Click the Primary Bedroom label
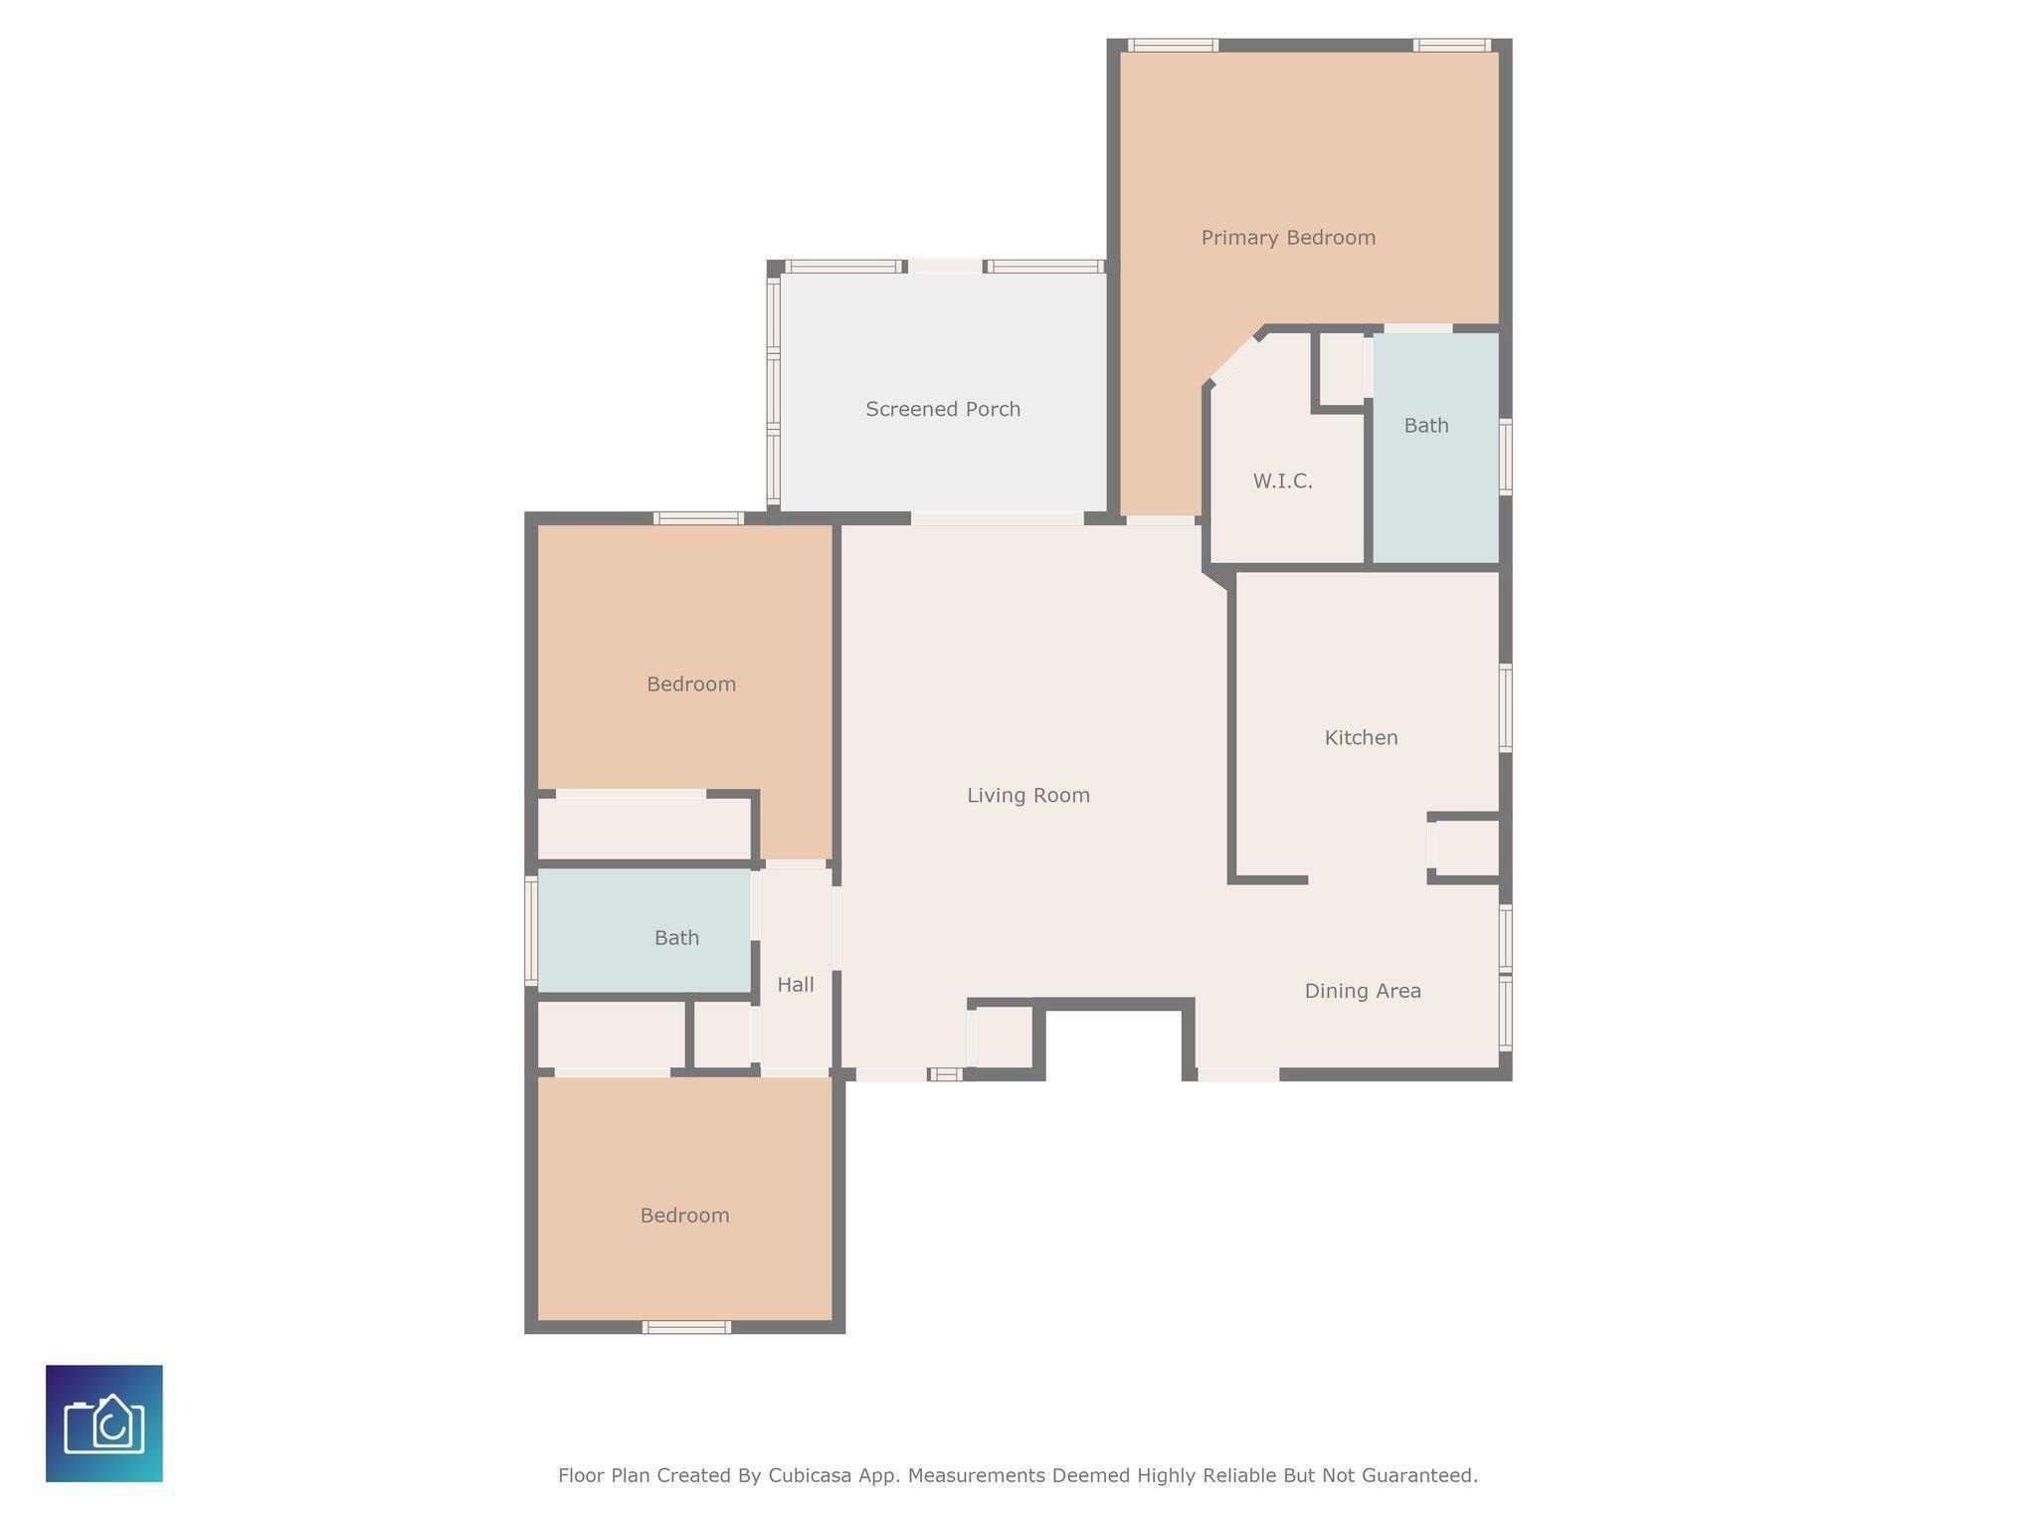1288,238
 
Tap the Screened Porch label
943,409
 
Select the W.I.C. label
1283,481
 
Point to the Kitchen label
1362,737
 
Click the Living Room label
1028,795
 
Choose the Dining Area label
1363,991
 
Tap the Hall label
796,985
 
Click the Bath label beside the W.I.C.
1426,426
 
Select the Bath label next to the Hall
676,938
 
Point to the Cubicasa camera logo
104,1424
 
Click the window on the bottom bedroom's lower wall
686,1327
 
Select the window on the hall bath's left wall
531,931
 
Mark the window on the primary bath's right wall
1506,457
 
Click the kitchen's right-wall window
1506,708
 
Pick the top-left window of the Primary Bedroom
1174,45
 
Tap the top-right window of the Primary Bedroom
1452,45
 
